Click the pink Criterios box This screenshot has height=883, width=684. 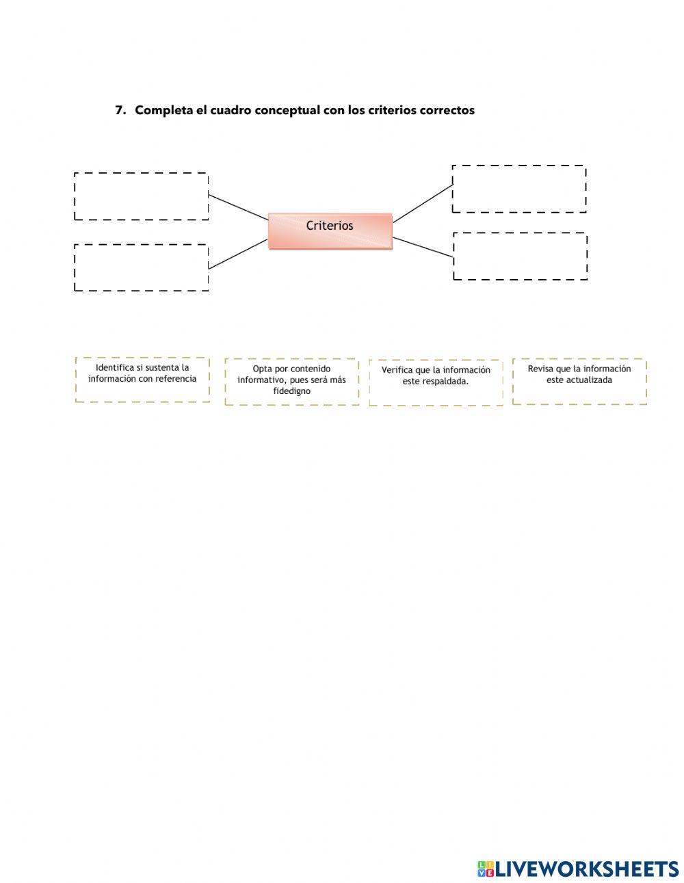[x=330, y=231]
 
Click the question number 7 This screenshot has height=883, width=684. [x=120, y=110]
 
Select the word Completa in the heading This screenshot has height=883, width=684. [x=163, y=110]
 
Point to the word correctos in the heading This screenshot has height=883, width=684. [x=447, y=110]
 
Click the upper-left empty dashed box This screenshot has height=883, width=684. [x=141, y=196]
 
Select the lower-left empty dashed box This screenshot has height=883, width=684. [x=141, y=267]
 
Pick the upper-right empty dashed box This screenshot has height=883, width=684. [x=519, y=189]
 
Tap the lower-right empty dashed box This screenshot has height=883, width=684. [x=520, y=256]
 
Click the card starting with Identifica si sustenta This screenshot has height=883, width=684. [x=142, y=379]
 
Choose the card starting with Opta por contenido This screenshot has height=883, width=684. [x=291, y=381]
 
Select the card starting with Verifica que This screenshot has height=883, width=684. [x=436, y=382]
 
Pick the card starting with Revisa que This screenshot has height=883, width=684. [x=579, y=380]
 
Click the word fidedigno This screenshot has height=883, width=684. [x=291, y=391]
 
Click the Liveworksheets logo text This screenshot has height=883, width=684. [x=586, y=869]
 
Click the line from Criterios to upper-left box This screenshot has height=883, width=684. [x=238, y=207]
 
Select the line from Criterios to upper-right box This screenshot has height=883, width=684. [x=423, y=203]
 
